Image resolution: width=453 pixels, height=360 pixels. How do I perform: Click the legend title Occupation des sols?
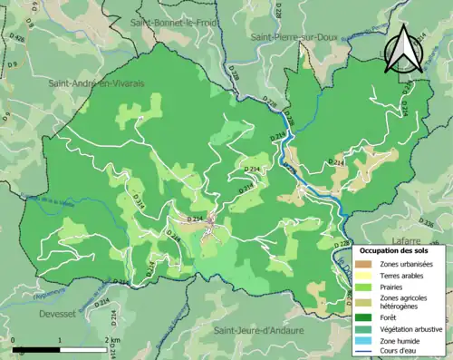coord(395,249)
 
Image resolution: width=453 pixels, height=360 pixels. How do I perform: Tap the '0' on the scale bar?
coord(14,340)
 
